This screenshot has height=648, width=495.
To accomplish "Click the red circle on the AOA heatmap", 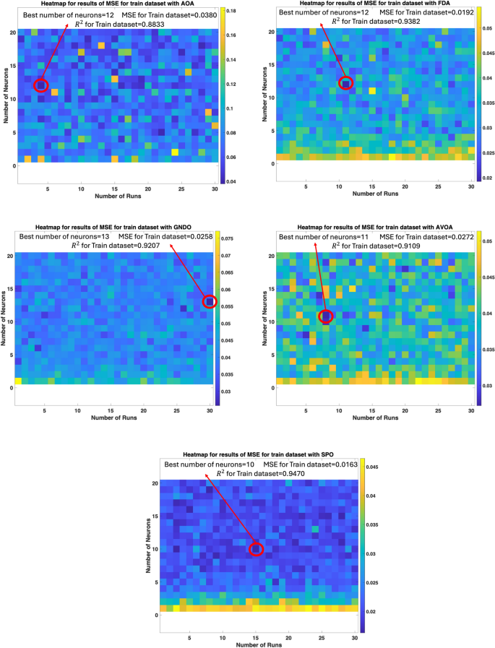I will coord(40,85).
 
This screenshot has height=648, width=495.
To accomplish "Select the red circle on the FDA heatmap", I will coord(345,83).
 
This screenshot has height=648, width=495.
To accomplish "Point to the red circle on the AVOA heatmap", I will coord(326,316).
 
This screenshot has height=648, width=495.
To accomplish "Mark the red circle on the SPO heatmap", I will coord(256,549).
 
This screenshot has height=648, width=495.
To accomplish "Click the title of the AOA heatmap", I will coord(113,5).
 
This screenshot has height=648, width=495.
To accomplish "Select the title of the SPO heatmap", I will coord(259,453).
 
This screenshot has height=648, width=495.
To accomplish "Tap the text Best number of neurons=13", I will coord(61,237).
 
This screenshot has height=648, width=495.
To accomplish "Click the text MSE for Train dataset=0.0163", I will coord(308,463).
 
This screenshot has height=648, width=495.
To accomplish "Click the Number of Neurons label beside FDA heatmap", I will coord(265,90).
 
